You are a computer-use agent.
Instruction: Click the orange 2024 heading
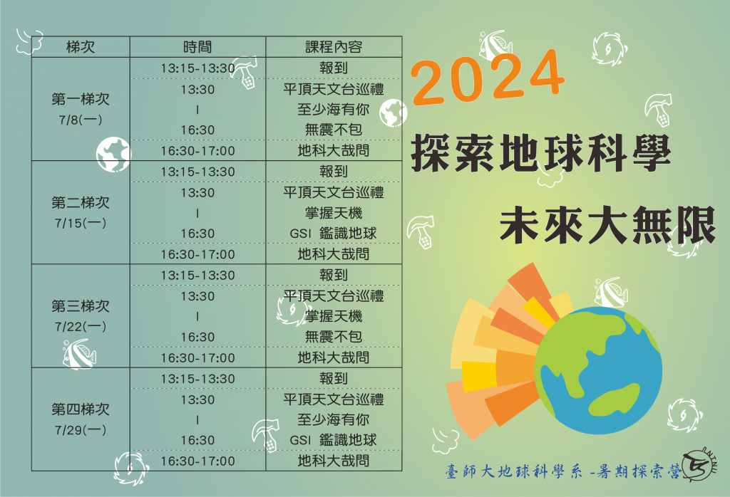(488, 78)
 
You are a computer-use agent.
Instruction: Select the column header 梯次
(81, 47)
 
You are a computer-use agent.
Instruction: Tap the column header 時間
(197, 47)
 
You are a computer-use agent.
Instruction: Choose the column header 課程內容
(334, 47)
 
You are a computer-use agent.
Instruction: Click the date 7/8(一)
(81, 120)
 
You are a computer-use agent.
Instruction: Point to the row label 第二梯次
(81, 203)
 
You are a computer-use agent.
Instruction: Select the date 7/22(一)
(81, 327)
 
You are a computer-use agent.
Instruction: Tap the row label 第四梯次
(81, 409)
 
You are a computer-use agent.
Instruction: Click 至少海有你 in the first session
(334, 110)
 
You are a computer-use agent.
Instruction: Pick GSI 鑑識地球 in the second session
(334, 234)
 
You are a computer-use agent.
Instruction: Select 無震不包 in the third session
(334, 337)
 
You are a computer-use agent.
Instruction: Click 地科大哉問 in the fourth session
(334, 461)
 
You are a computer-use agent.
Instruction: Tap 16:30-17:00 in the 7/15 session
(197, 254)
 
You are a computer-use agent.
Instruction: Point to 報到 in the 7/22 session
(334, 275)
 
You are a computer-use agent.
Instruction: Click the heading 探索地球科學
(540, 152)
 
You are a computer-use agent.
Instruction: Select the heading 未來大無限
(607, 226)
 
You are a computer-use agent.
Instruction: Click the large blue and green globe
(598, 370)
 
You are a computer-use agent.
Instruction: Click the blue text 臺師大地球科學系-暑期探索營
(563, 472)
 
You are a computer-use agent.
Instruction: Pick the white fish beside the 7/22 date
(79, 355)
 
